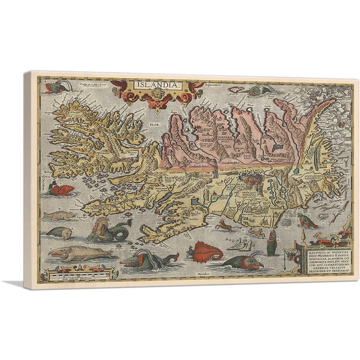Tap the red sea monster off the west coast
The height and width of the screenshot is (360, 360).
tap(62, 187)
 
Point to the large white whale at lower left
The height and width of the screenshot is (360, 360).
tap(74, 253)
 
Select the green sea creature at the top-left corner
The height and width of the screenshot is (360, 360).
tap(50, 84)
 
